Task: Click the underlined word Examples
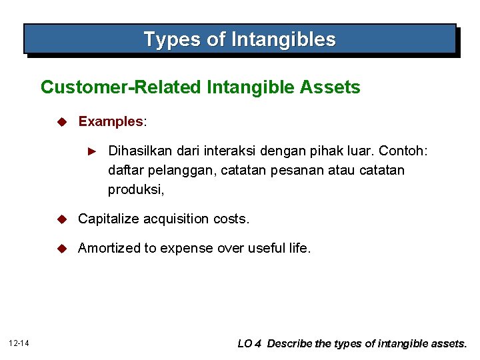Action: (110, 121)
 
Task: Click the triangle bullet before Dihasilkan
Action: (94, 153)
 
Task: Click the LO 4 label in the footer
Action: (250, 344)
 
